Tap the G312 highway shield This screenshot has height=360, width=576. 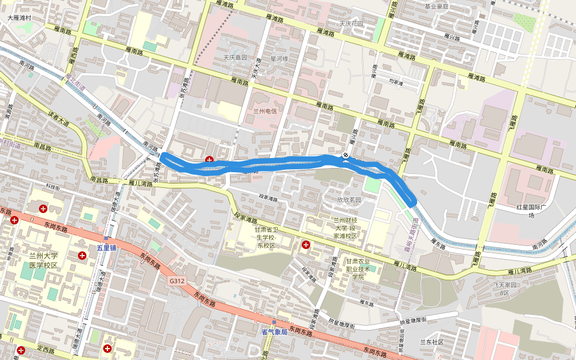[176, 280]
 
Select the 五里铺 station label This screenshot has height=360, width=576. [109, 247]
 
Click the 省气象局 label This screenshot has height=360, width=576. [274, 331]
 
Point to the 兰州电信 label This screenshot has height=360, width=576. [264, 112]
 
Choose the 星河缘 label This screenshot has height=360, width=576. [279, 58]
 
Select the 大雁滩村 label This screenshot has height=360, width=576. [19, 18]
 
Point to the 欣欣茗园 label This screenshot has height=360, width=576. [349, 200]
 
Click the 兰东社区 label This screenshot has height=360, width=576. [431, 342]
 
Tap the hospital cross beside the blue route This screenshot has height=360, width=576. [209, 160]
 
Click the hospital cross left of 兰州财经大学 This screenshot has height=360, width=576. [306, 244]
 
